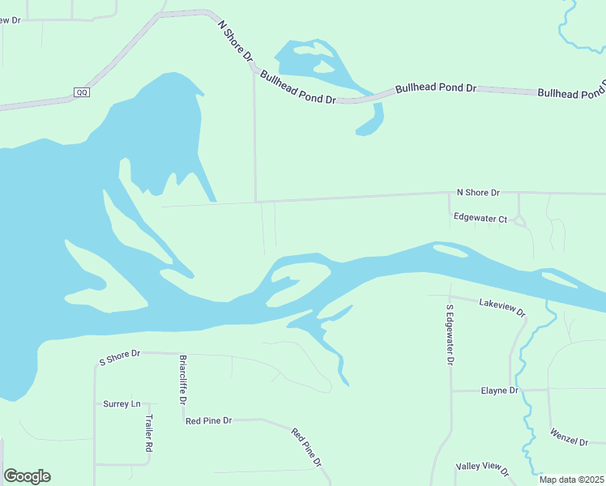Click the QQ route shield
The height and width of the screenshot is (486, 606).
tap(82, 92)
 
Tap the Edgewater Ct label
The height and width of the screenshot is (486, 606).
tap(480, 219)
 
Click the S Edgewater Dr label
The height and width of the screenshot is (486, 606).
tap(450, 335)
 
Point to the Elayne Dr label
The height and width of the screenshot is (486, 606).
tap(498, 390)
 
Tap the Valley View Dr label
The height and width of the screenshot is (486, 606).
tap(482, 468)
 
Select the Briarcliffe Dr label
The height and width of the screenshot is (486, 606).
tap(183, 379)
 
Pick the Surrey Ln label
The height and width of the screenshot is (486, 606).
tap(122, 403)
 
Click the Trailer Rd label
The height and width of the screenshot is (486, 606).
tap(149, 433)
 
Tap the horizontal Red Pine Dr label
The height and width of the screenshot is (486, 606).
tap(208, 421)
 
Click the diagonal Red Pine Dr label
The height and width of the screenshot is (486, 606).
tap(306, 446)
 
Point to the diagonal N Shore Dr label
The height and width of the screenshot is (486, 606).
tap(237, 42)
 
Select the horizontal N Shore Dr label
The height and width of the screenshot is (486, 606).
tap(478, 193)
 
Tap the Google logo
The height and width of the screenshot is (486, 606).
tap(27, 476)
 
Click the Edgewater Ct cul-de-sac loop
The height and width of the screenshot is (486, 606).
tap(520, 221)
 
